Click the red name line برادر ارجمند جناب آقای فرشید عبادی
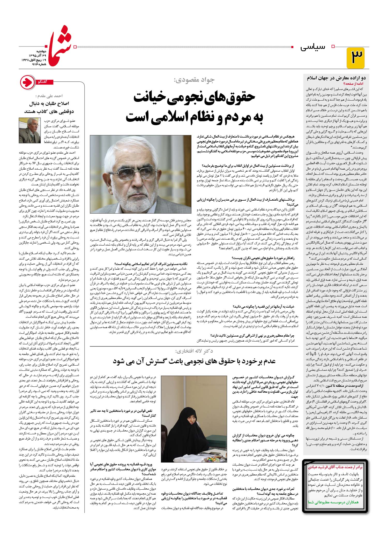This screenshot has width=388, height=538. coord(335,467)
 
